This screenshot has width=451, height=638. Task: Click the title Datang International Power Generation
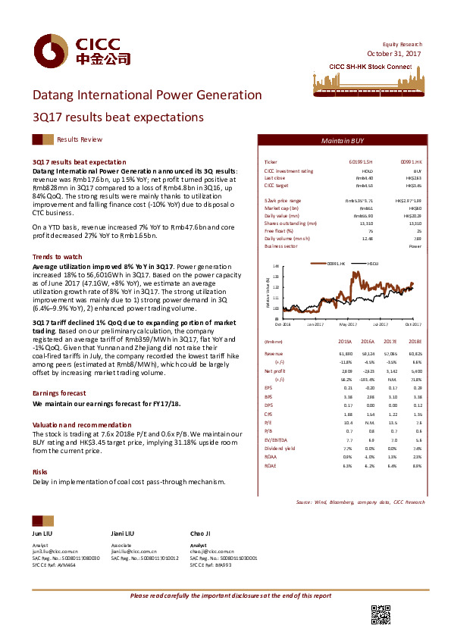pos(147,95)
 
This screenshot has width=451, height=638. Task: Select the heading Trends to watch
pos(58,258)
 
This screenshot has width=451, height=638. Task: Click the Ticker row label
pos(271,162)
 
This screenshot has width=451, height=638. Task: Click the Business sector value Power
pos(415,246)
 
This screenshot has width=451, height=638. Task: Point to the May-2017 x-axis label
pos(348,324)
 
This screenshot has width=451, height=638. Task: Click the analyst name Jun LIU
pos(42,534)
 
